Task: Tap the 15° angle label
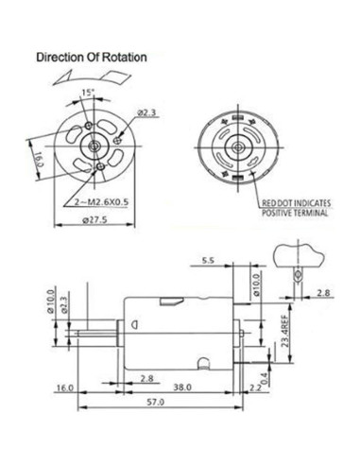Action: click(x=88, y=93)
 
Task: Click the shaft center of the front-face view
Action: click(x=94, y=143)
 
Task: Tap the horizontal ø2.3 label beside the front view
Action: click(x=146, y=114)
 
